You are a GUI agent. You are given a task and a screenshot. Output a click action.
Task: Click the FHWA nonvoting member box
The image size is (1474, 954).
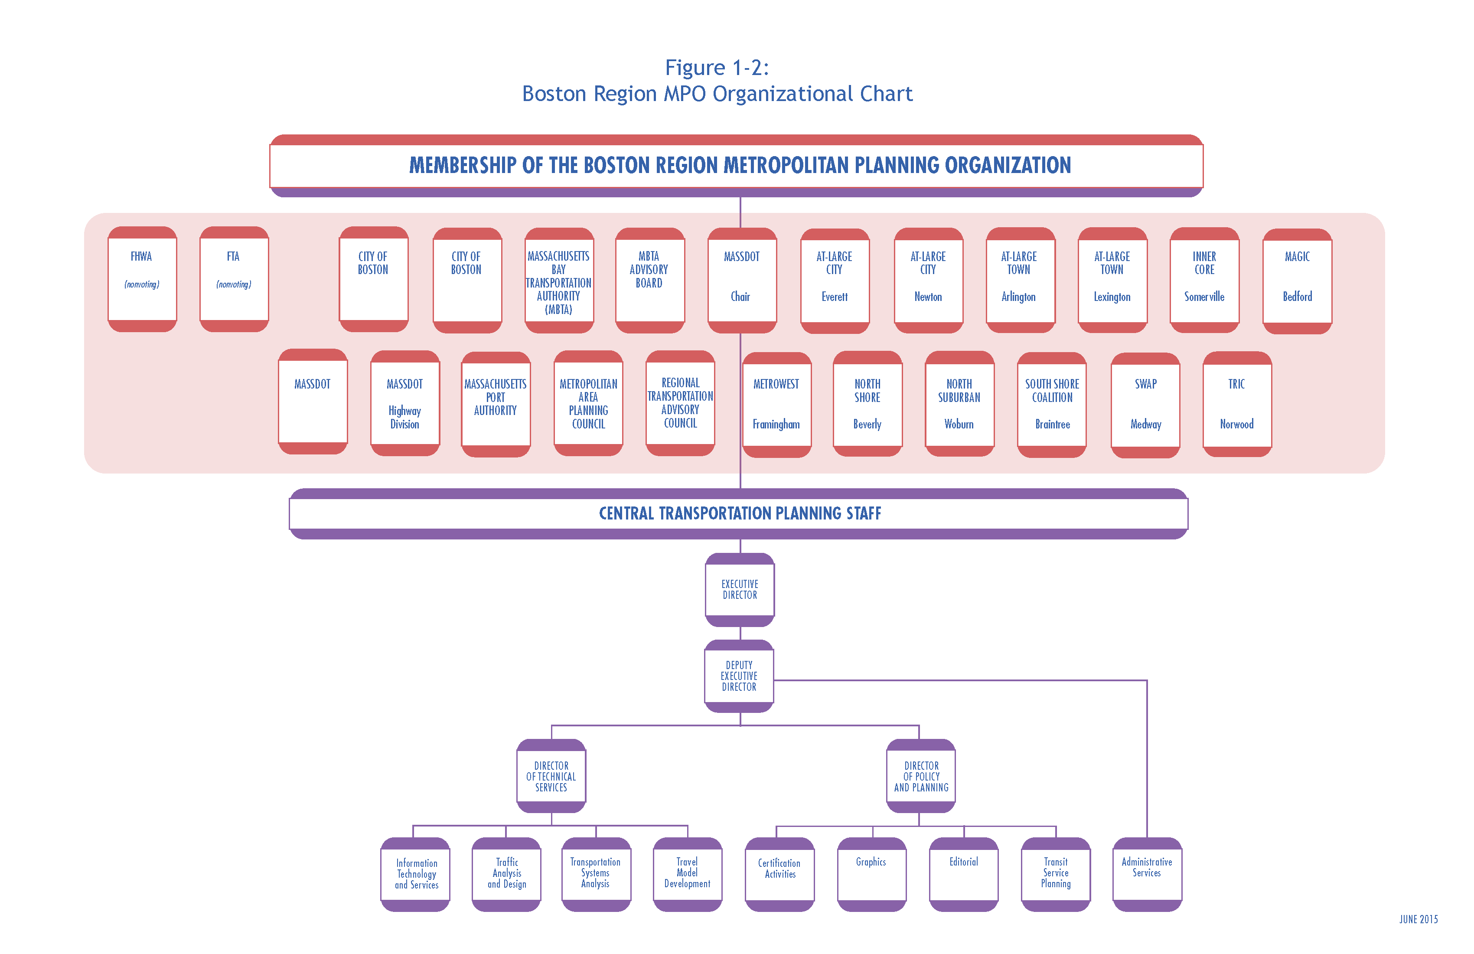[x=142, y=279]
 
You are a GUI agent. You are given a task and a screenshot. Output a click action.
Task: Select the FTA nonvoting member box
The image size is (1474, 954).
[x=234, y=279]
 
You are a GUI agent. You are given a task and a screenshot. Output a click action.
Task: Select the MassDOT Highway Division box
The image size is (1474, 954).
[x=404, y=403]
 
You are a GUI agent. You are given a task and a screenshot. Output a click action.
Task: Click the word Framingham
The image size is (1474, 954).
[x=776, y=425]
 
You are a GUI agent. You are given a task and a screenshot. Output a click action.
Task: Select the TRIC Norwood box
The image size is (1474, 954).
[x=1237, y=404]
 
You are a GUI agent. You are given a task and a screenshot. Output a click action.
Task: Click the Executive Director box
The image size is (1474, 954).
[x=740, y=590]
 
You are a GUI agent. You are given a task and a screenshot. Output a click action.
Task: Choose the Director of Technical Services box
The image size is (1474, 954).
[x=551, y=776]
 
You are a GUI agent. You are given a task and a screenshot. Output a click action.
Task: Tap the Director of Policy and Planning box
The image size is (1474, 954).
[x=921, y=776]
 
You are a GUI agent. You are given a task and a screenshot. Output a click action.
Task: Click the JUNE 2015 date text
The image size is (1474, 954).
[x=1418, y=919]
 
